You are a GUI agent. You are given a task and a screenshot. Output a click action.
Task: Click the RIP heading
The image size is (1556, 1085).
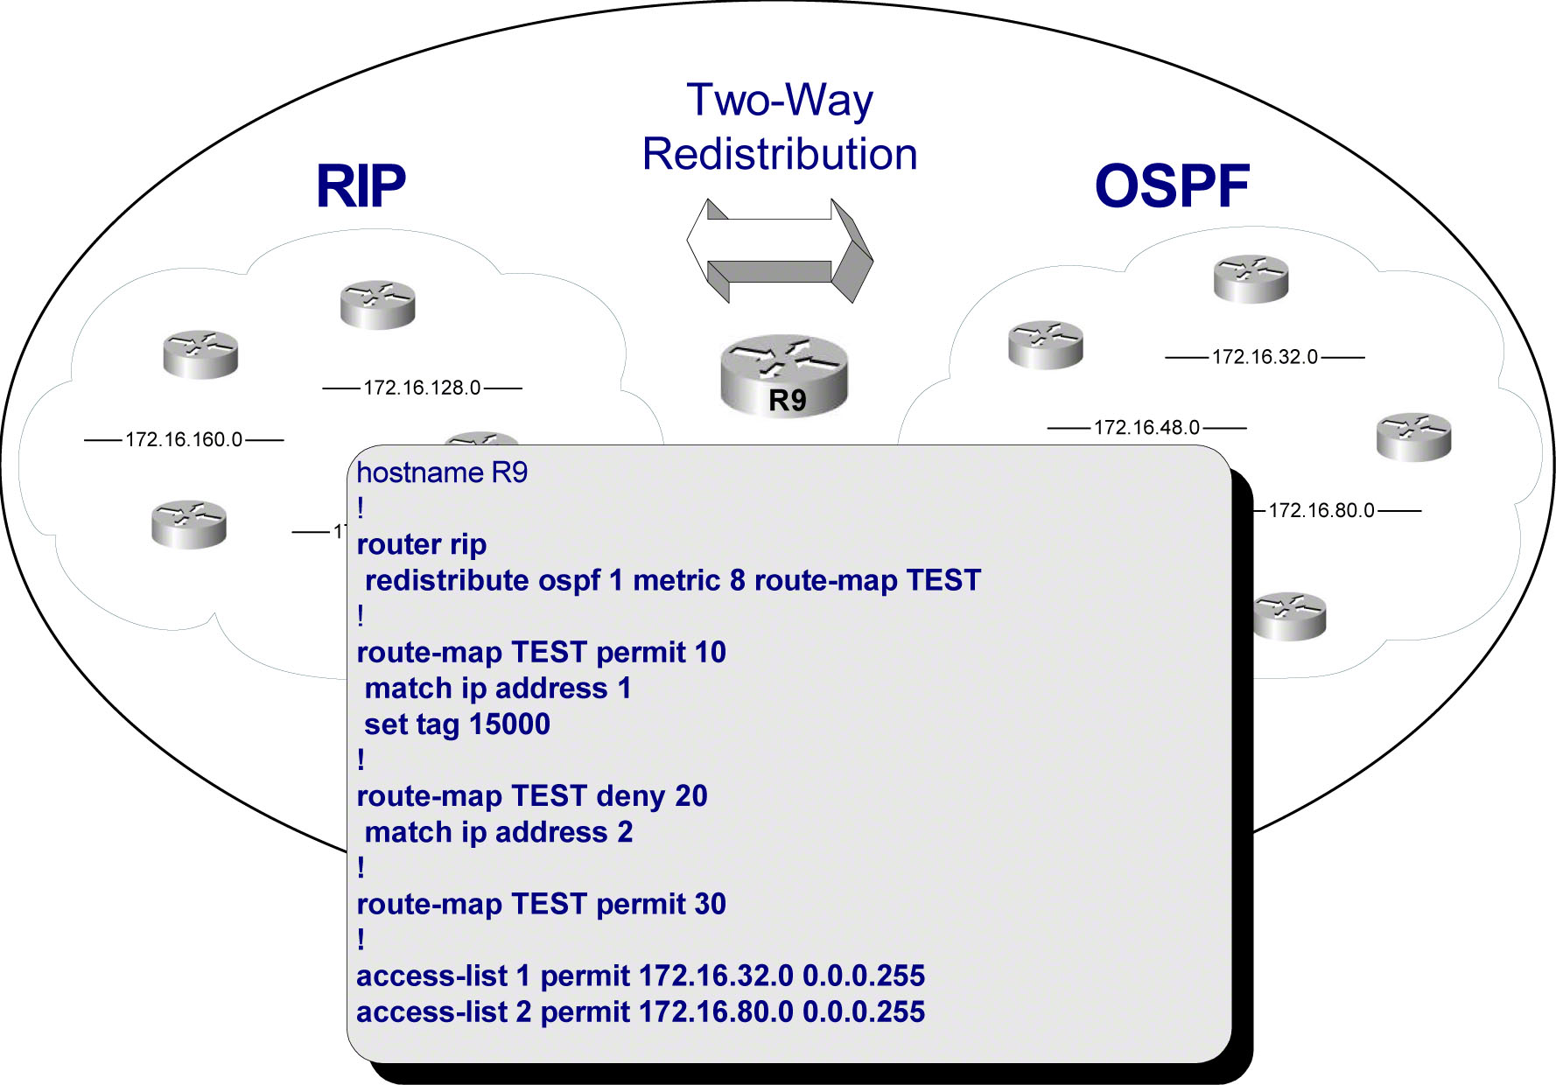361,185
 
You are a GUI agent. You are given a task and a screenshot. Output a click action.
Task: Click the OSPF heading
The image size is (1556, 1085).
1171,185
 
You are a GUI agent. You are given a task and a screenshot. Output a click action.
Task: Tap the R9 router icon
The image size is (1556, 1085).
784,375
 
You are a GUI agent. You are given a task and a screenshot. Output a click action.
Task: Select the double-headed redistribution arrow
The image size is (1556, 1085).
780,249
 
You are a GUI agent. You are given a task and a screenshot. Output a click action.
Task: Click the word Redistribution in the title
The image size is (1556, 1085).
780,154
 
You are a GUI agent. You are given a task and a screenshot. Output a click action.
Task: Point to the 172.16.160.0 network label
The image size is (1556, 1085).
184,439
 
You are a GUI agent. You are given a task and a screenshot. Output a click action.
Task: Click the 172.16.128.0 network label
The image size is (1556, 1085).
422,388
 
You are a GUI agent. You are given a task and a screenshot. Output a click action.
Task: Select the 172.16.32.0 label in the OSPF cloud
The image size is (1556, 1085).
1264,357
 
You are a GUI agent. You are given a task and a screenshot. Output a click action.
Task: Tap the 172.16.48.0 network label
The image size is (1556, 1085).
1146,428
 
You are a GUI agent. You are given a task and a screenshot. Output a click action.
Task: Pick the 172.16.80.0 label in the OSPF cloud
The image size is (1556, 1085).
1321,510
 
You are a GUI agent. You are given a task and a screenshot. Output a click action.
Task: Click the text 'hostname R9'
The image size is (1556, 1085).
442,472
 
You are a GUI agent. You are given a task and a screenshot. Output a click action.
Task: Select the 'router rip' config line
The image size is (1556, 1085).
422,544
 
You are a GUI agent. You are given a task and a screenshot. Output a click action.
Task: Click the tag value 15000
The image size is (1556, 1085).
509,724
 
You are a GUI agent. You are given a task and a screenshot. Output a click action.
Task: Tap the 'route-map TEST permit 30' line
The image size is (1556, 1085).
541,904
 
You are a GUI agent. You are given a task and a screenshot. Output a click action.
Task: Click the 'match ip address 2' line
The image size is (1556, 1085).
498,832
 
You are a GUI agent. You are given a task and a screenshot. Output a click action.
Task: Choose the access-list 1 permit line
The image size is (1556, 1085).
640,976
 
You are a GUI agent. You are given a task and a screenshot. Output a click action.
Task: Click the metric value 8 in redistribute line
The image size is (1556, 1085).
737,580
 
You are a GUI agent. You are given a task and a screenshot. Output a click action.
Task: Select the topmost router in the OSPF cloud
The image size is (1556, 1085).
1251,278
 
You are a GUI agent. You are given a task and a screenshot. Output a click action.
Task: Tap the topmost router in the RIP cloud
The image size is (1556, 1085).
377,304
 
